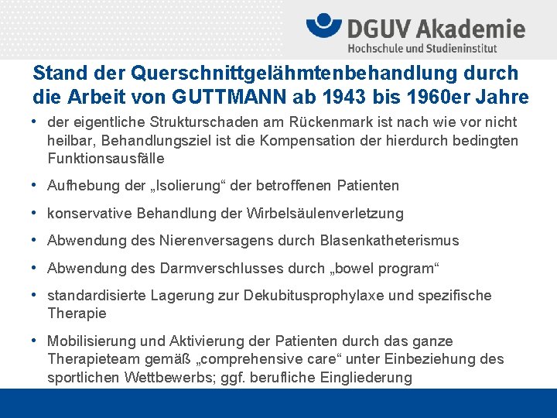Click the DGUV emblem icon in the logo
pyautogui.click(x=324, y=26)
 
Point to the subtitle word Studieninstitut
pyautogui.click(x=457, y=49)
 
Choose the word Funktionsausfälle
pyautogui.click(x=105, y=158)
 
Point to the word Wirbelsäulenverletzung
pyautogui.click(x=325, y=213)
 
